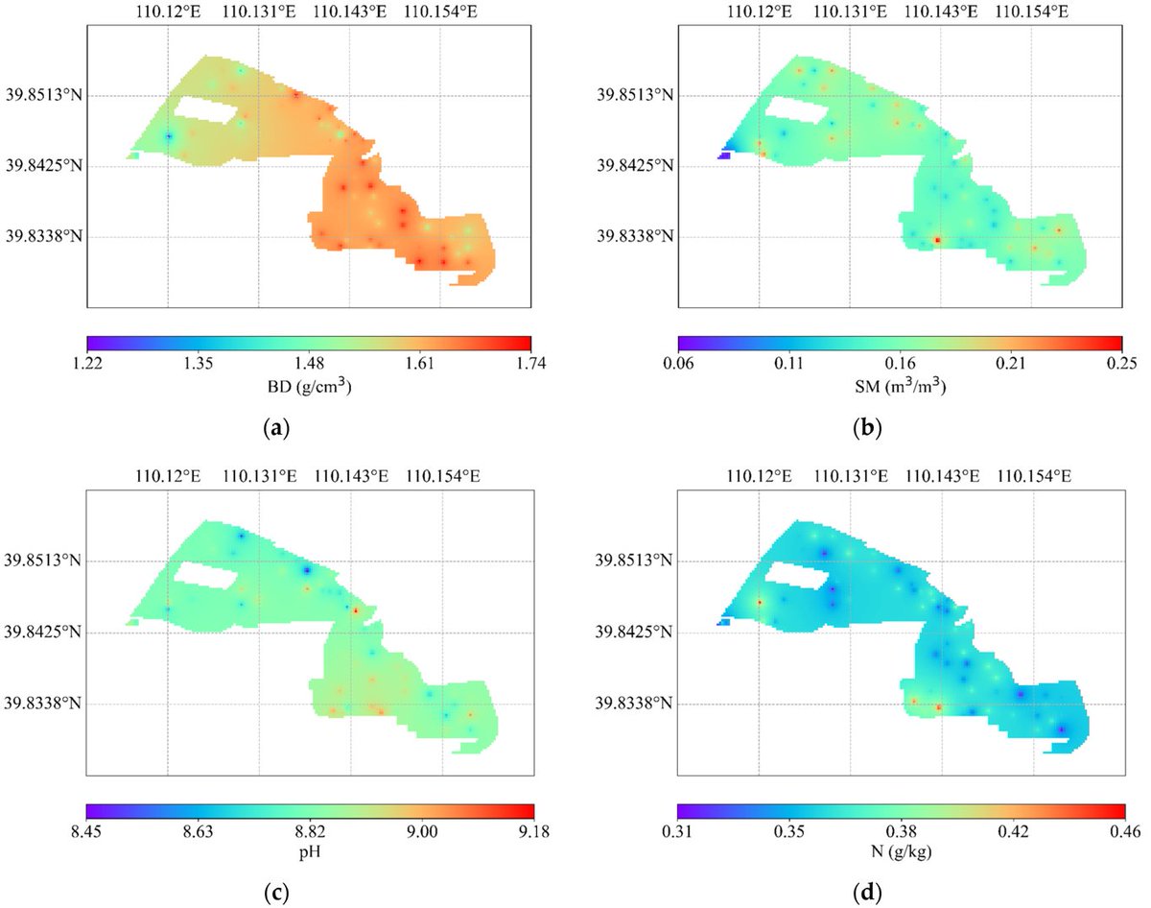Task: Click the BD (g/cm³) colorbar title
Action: click(x=309, y=388)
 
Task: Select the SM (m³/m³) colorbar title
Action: click(x=900, y=388)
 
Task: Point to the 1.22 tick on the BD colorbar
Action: click(x=87, y=363)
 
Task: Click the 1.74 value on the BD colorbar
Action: click(x=530, y=363)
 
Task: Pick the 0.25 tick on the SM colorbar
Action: click(x=1121, y=363)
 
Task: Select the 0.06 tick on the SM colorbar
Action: click(x=678, y=363)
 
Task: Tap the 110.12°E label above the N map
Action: click(x=760, y=475)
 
